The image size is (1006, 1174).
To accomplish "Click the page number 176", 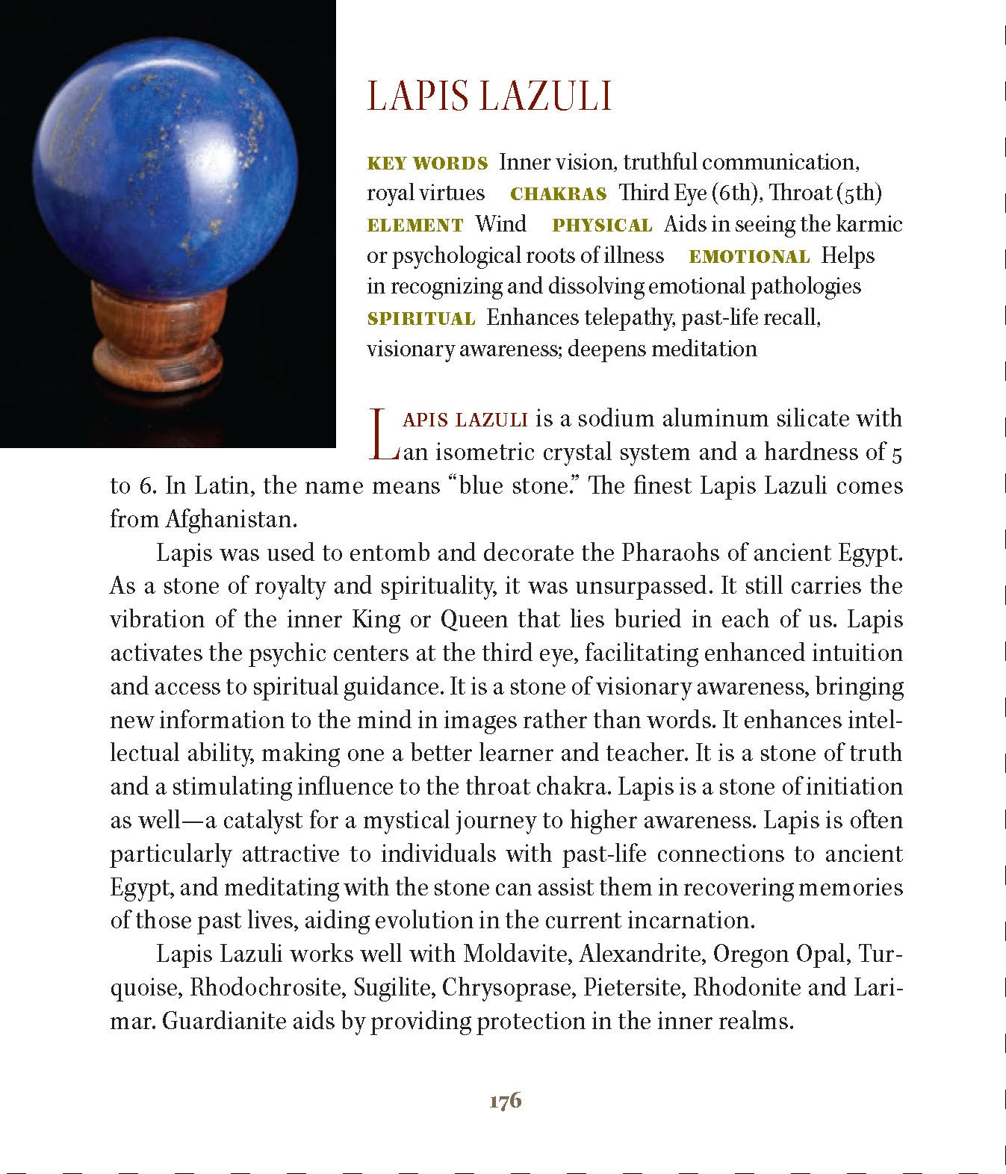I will tap(505, 1101).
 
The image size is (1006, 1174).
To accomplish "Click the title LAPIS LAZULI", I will tap(489, 96).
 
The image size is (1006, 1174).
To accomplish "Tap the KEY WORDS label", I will tap(427, 164).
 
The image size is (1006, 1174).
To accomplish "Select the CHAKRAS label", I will tap(558, 194).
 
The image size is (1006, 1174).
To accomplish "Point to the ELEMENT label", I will tap(415, 226).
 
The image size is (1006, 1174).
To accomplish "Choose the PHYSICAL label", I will tap(602, 226).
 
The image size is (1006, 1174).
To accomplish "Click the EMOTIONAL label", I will tap(749, 257).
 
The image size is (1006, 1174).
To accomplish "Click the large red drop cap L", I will tap(382, 433).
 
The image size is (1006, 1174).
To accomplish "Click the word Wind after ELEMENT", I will tap(500, 224).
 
